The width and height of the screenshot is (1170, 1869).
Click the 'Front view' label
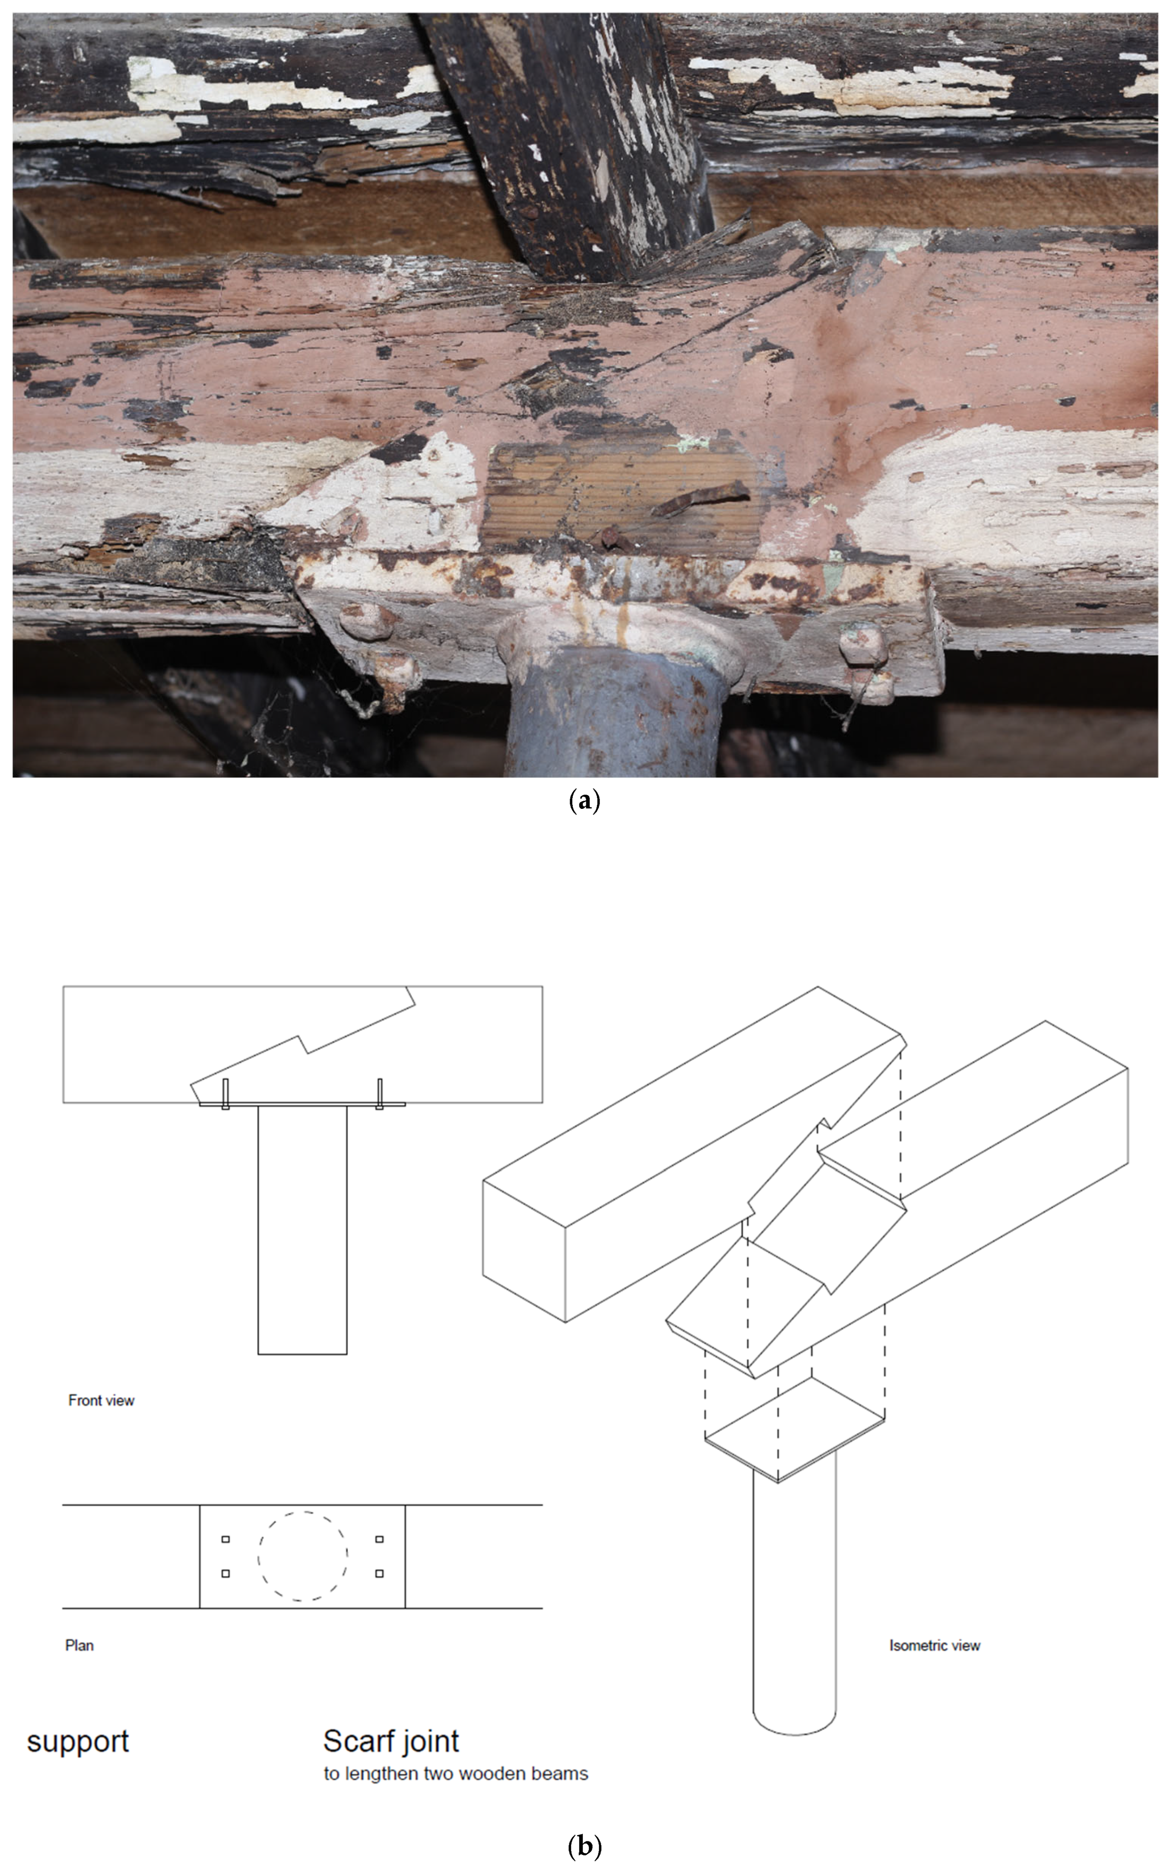(x=101, y=1400)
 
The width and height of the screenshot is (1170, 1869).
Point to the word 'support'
(x=77, y=1743)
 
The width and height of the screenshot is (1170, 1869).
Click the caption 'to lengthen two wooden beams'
(x=456, y=1773)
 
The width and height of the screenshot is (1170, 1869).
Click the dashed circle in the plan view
(x=303, y=1512)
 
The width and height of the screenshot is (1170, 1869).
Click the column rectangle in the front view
(x=303, y=1230)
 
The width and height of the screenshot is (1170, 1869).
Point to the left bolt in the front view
(x=226, y=1093)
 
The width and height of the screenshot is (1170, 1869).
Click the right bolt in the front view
(x=379, y=1093)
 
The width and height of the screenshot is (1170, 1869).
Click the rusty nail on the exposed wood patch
(x=700, y=499)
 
